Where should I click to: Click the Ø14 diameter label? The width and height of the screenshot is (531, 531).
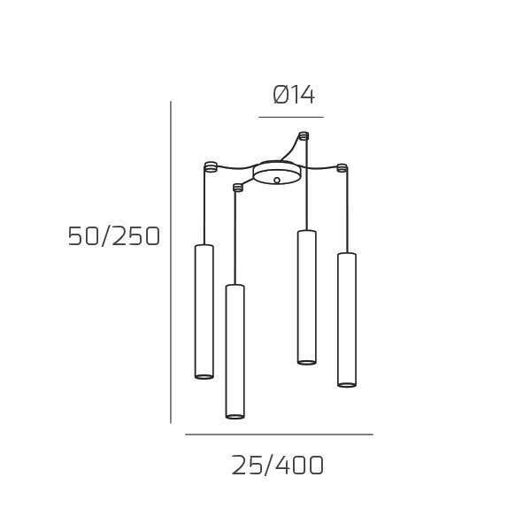[x=294, y=95]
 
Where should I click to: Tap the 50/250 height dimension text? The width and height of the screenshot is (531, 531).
[x=113, y=236]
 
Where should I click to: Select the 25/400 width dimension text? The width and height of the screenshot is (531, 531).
[x=278, y=466]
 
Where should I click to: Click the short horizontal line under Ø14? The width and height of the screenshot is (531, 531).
[x=291, y=117]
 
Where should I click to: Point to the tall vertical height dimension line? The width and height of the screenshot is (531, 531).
[x=171, y=262]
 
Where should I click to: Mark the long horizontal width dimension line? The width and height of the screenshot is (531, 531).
[x=280, y=435]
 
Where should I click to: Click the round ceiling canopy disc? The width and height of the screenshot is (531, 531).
[x=277, y=173]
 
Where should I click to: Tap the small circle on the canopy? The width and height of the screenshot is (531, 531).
[x=277, y=181]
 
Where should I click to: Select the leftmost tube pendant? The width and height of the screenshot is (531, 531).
[x=204, y=312]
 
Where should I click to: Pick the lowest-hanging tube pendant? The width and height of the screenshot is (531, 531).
[x=235, y=351]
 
